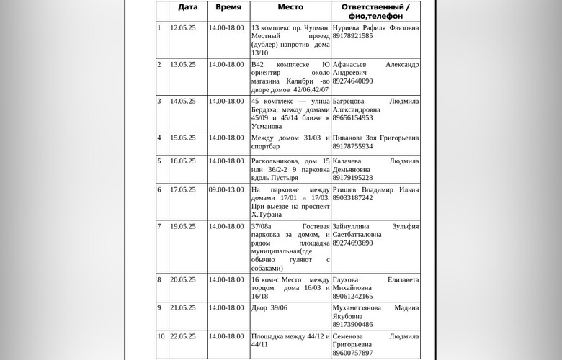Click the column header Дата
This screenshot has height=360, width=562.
[187, 7]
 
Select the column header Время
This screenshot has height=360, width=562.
[228, 7]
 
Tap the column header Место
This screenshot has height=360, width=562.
[290, 7]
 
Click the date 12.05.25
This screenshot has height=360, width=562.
[183, 27]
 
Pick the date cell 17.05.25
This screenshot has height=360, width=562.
[183, 189]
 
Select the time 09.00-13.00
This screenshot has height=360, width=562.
[226, 189]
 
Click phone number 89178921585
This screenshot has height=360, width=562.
[353, 36]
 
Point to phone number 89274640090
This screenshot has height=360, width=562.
[353, 81]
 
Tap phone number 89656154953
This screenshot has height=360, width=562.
[353, 118]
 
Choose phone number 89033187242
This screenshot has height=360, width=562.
[353, 198]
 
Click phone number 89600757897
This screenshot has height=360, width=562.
[353, 353]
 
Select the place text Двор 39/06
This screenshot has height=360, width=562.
[269, 307]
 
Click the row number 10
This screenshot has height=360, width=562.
[161, 336]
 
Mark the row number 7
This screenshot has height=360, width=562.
[159, 226]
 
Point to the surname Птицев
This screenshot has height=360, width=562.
[347, 189]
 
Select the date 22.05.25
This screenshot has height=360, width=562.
[183, 336]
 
